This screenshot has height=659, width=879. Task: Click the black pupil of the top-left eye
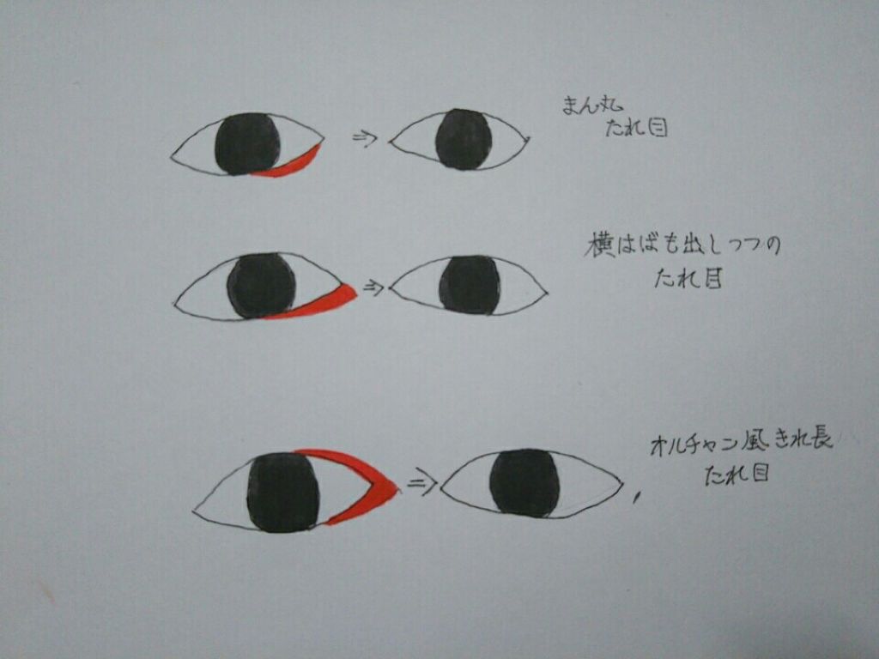click(247, 143)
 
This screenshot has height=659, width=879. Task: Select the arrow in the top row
click(366, 137)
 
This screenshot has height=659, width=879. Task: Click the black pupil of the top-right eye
click(464, 139)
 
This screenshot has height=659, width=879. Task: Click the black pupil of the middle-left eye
click(261, 286)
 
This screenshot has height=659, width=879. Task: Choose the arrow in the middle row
click(373, 287)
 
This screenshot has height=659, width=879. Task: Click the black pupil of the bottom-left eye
click(283, 493)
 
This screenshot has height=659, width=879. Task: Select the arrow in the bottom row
click(421, 484)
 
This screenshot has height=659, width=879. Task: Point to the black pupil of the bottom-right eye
click(524, 482)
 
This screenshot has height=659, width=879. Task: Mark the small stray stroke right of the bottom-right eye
click(635, 497)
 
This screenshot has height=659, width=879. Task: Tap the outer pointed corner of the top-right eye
click(528, 138)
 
